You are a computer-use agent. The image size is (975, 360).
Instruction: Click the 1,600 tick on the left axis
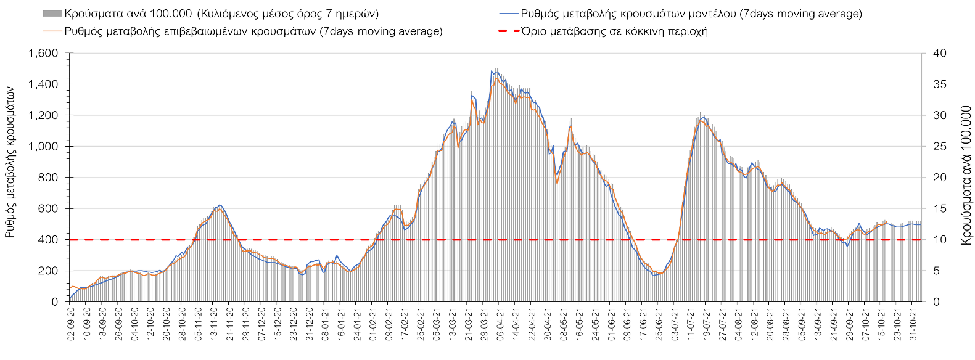click(43, 54)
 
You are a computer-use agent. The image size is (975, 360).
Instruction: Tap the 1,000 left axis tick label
click(43, 147)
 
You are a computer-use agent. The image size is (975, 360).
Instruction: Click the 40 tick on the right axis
click(939, 54)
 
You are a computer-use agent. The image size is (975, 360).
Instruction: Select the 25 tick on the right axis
click(939, 147)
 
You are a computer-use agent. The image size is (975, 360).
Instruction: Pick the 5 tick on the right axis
click(936, 271)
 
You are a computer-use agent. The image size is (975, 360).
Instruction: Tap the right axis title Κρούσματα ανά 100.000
click(965, 176)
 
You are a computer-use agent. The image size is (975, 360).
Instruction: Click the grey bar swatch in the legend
click(52, 14)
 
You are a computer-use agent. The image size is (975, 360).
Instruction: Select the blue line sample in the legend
click(508, 14)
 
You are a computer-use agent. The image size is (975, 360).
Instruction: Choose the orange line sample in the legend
click(52, 31)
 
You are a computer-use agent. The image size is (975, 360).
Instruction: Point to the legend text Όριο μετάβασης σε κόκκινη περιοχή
click(614, 31)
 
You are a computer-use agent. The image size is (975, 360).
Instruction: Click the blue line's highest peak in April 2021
click(496, 70)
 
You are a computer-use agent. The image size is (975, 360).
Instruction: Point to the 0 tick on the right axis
click(936, 302)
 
